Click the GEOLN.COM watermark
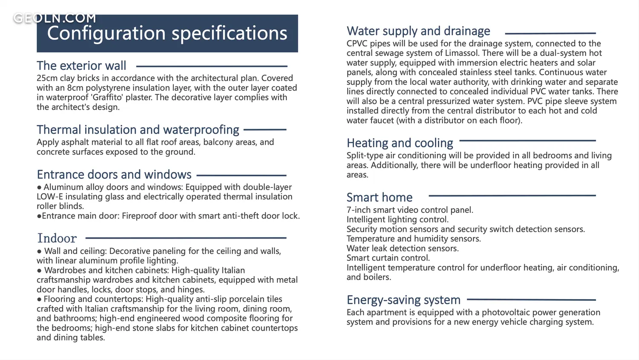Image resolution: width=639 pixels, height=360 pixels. [x=55, y=18]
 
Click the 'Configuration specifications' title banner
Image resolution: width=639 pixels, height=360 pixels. [x=167, y=33]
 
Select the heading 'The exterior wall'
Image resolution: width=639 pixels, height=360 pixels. [x=81, y=66]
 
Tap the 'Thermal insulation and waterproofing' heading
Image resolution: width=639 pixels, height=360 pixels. [x=138, y=130]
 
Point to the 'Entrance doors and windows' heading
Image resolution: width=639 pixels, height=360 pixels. [x=114, y=174]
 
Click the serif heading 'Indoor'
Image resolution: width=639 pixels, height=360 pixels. [x=57, y=238]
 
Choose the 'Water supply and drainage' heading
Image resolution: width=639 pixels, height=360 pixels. [x=418, y=31]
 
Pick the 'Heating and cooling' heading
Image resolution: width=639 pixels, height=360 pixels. [x=400, y=143]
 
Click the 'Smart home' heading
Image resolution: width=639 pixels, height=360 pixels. [x=380, y=197]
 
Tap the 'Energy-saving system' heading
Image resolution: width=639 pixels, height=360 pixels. [x=403, y=300]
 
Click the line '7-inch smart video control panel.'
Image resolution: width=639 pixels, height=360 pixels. [x=410, y=210]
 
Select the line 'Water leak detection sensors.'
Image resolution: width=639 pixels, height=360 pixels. [x=403, y=248]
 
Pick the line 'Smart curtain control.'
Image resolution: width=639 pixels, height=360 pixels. [x=388, y=258]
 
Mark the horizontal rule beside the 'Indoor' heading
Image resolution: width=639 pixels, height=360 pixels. [x=186, y=238]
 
